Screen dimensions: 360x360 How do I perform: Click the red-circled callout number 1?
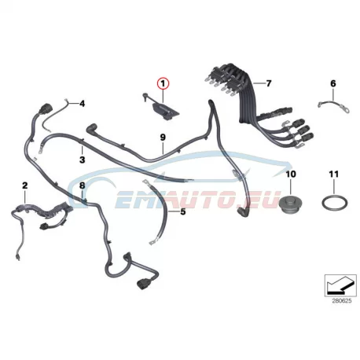click(163, 84)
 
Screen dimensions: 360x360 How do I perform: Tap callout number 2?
click(25, 186)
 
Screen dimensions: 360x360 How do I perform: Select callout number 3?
click(83, 160)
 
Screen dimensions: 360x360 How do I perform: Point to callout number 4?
click(83, 104)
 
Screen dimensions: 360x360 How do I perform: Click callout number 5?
click(183, 211)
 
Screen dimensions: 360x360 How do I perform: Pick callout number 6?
click(333, 83)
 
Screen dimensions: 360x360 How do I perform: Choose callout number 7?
click(269, 83)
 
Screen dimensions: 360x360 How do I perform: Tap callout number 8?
click(83, 186)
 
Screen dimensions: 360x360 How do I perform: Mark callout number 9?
click(163, 137)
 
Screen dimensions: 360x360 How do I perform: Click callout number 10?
click(291, 174)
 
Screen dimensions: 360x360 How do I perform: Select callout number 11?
click(334, 174)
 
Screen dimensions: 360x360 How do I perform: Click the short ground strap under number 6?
click(333, 106)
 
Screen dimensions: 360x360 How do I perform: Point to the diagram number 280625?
click(342, 301)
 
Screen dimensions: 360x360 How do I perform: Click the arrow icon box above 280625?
click(340, 285)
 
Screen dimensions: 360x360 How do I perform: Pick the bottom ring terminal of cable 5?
click(152, 243)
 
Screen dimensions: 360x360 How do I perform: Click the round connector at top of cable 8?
click(44, 108)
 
